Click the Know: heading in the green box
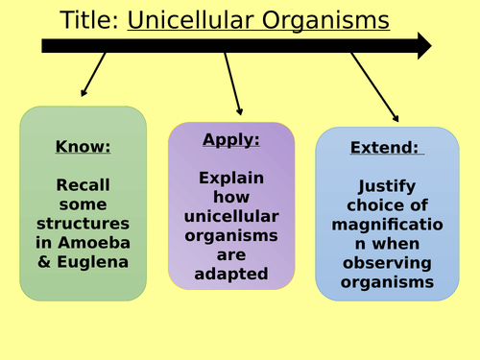pyautogui.click(x=84, y=147)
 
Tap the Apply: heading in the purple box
pyautogui.click(x=231, y=139)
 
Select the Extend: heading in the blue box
pyautogui.click(x=387, y=150)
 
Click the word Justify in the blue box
pyautogui.click(x=387, y=186)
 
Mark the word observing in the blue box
pyautogui.click(x=387, y=263)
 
